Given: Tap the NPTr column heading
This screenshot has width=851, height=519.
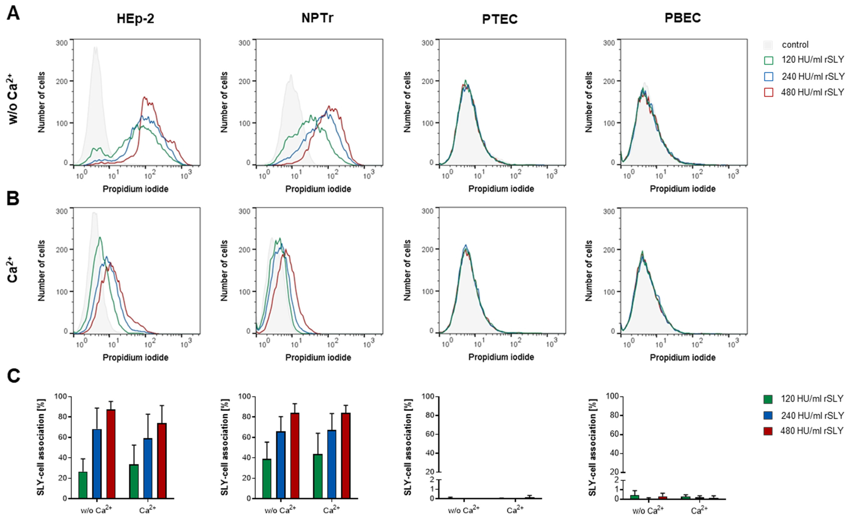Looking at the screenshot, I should tap(317, 18).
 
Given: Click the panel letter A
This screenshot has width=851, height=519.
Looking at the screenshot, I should tap(13, 14).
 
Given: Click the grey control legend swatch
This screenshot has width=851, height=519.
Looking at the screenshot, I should tap(768, 45).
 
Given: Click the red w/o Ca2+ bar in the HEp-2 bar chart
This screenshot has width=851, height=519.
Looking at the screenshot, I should tap(111, 454).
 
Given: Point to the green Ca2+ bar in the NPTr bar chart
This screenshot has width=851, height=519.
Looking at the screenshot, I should tap(318, 476).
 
